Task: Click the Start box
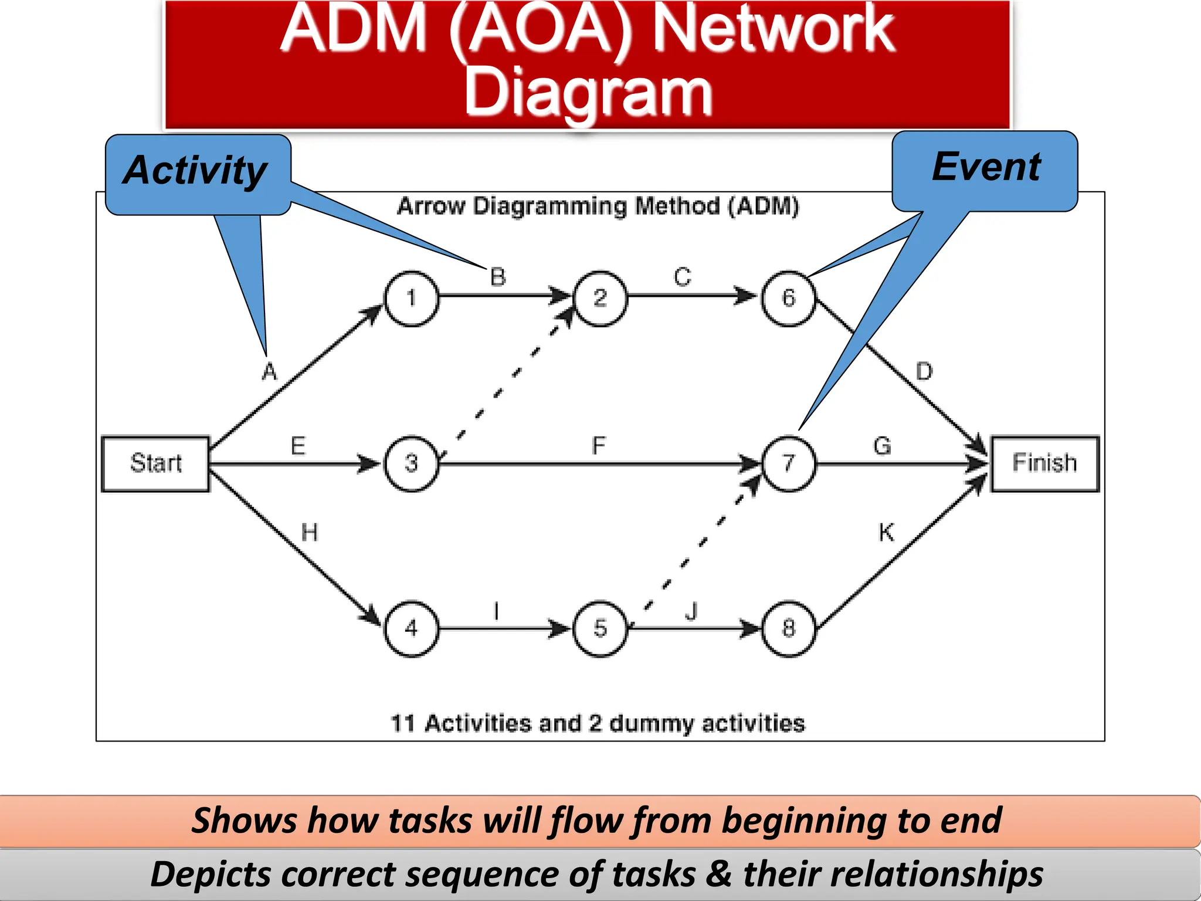155,463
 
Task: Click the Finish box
1044,463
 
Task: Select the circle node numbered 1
411,299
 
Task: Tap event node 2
600,299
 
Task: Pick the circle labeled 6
788,299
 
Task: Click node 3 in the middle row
411,463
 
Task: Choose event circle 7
788,463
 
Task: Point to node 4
411,629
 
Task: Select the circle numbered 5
600,629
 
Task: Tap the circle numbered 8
788,629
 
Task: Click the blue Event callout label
986,168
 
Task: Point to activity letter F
598,446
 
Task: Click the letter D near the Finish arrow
924,372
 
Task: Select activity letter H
309,533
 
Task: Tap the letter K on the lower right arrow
886,533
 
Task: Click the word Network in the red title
773,29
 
